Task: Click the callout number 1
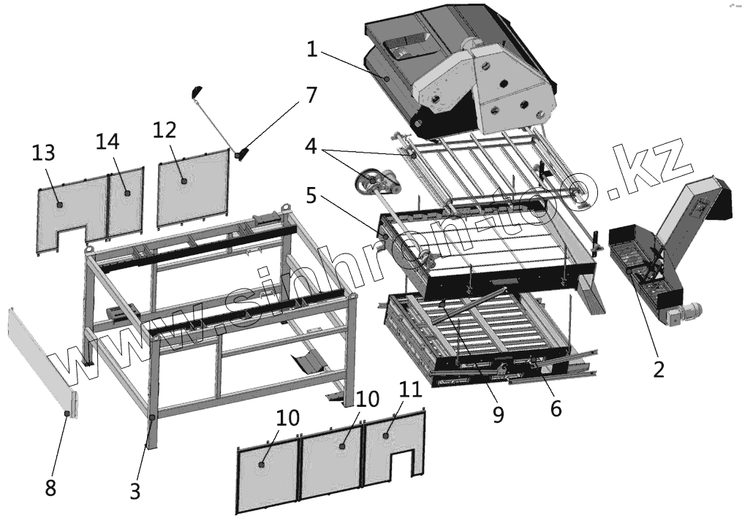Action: click(x=312, y=50)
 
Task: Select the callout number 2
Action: click(x=658, y=369)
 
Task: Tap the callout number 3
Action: click(x=135, y=492)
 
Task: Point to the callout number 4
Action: click(x=312, y=146)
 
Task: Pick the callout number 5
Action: click(x=312, y=196)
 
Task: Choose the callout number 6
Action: click(x=556, y=409)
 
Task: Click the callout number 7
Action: click(x=312, y=96)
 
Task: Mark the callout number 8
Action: click(x=50, y=487)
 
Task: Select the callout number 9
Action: click(x=498, y=414)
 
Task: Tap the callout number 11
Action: click(x=412, y=389)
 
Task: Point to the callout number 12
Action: click(x=165, y=129)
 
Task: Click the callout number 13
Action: click(x=43, y=153)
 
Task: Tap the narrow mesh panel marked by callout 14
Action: click(x=126, y=201)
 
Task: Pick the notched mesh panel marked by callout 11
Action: click(x=395, y=446)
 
